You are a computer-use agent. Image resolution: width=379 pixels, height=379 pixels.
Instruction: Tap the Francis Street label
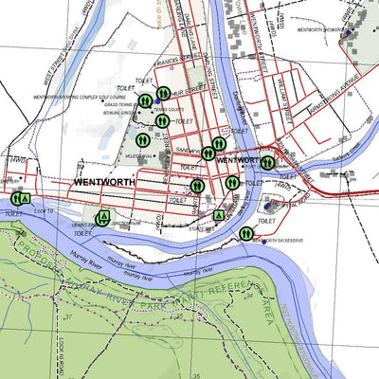click(181, 65)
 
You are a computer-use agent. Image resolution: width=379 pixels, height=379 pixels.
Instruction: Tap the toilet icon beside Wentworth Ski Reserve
click(246, 232)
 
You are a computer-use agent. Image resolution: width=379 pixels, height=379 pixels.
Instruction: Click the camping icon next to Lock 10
click(27, 197)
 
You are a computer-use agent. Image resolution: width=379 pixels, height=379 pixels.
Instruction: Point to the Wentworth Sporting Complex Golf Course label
click(80, 96)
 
